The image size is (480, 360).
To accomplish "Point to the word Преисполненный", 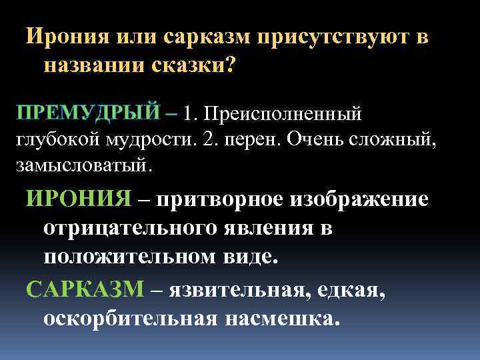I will [x=283, y=114].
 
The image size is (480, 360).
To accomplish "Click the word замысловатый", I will [x=83, y=164].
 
